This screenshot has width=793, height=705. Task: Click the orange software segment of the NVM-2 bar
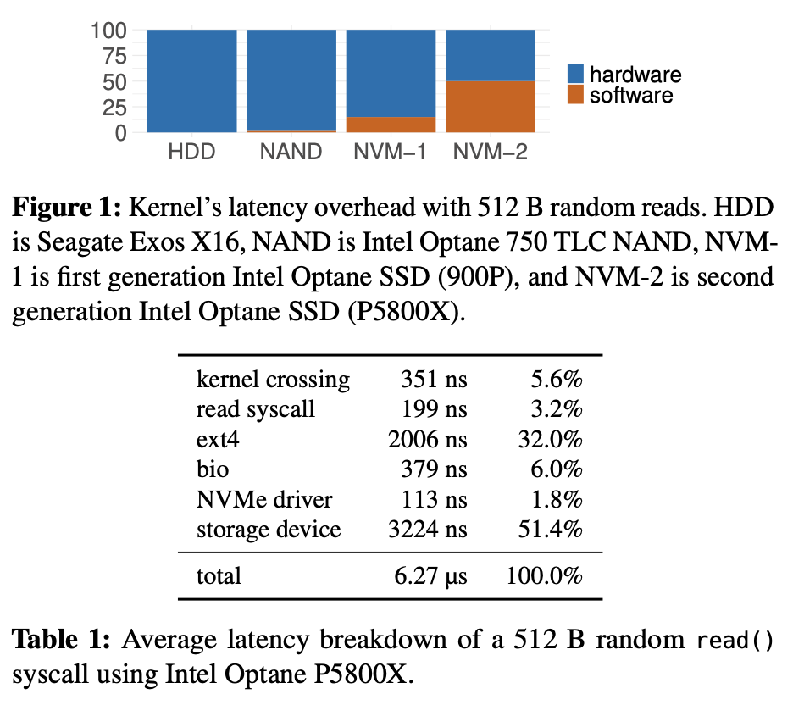[491, 107]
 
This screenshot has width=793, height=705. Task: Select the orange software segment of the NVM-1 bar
[391, 125]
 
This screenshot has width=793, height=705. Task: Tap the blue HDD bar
[191, 80]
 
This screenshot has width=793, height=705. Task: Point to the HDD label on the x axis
[191, 153]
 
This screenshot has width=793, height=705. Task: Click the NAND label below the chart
[291, 153]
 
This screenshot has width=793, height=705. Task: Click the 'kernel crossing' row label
[273, 380]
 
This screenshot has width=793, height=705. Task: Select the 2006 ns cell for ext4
[427, 439]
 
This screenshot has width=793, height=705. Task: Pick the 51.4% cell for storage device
[550, 530]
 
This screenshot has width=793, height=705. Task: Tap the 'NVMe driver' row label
[264, 500]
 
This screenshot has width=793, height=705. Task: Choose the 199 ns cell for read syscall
[435, 409]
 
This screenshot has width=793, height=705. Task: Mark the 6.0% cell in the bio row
[556, 469]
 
